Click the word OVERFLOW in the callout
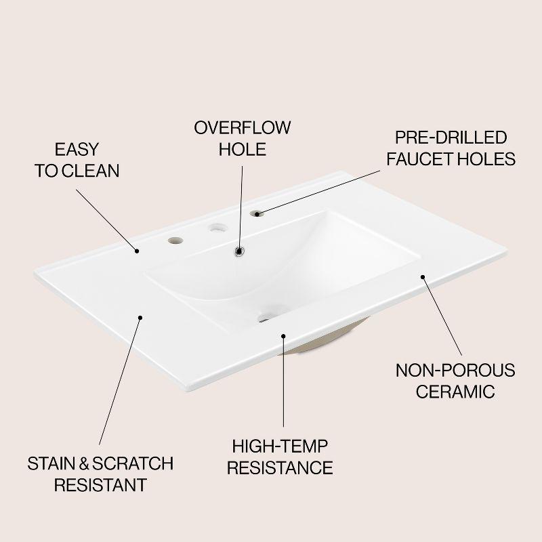click(x=242, y=127)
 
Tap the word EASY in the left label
click(x=77, y=149)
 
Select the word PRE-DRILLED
click(x=451, y=138)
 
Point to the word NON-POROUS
click(x=455, y=370)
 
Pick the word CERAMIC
click(x=455, y=392)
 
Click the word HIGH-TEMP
click(x=280, y=446)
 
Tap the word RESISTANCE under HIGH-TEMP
click(x=280, y=467)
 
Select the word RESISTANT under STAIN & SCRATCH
click(x=100, y=484)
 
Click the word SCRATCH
click(x=133, y=463)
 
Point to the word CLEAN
click(x=91, y=171)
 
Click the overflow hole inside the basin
click(x=239, y=251)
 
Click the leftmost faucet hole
click(x=175, y=241)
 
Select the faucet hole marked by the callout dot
click(x=257, y=213)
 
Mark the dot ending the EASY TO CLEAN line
click(x=137, y=251)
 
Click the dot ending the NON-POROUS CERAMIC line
click(x=422, y=276)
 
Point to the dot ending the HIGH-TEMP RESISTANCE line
click(x=283, y=336)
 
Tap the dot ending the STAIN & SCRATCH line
click(x=140, y=318)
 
